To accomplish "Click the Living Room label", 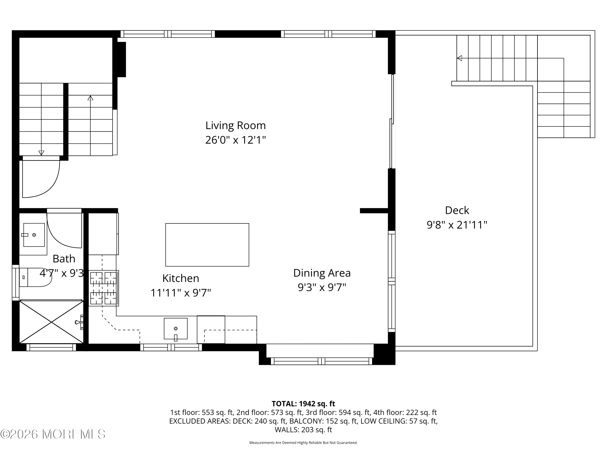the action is [x=236, y=126].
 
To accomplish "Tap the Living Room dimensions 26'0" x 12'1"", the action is [x=236, y=140].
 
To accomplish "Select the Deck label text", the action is [x=457, y=210].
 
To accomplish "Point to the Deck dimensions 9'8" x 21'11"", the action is [x=457, y=225].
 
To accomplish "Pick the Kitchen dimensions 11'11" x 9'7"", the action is [x=180, y=293].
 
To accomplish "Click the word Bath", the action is [x=64, y=259].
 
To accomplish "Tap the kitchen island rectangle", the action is [x=207, y=245].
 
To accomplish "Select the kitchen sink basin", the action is [x=176, y=329].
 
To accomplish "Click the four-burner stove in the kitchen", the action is [x=104, y=288].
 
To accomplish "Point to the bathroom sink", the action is [x=34, y=235].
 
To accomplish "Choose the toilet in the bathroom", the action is [x=35, y=277].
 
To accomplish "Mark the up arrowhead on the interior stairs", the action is [x=90, y=98].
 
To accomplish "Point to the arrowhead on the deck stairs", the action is [x=459, y=58].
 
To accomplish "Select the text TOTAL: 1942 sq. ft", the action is [x=303, y=404].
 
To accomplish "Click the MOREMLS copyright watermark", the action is [x=53, y=434].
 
